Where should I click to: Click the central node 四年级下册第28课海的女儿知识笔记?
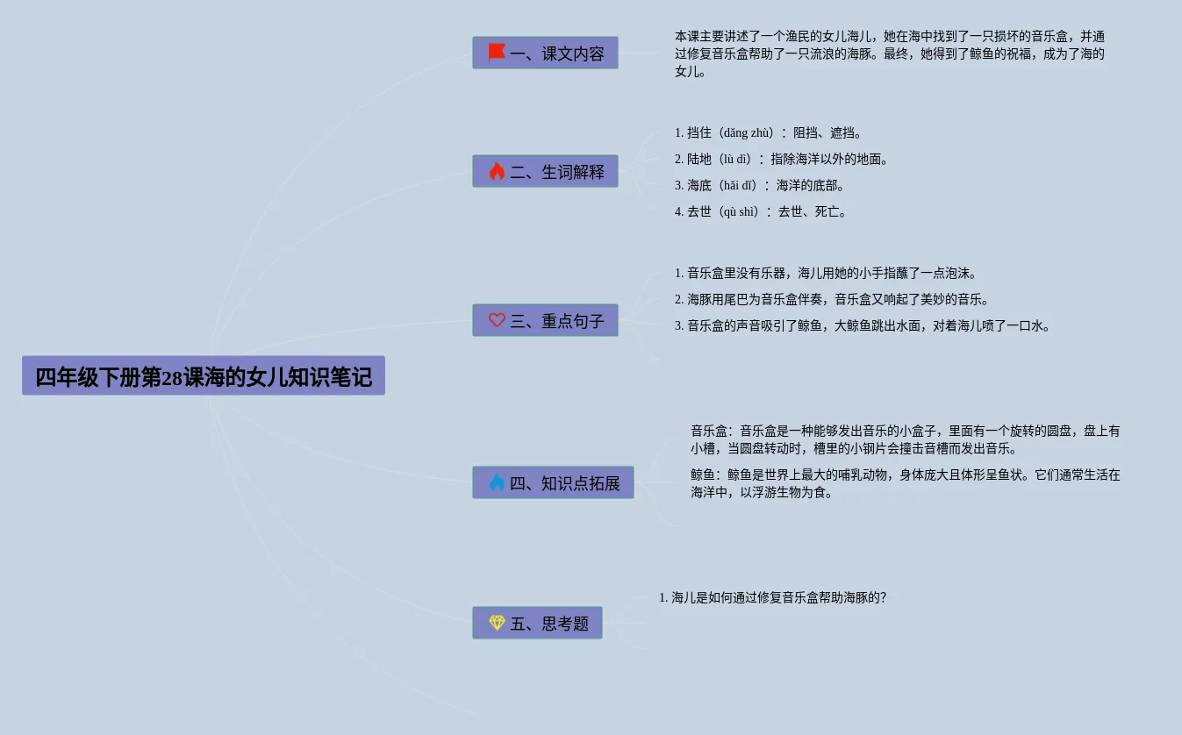click(204, 376)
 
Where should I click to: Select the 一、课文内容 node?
click(545, 54)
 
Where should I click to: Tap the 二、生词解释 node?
click(545, 172)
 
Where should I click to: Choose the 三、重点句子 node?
click(545, 321)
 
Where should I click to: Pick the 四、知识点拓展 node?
click(553, 483)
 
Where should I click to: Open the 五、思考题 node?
click(537, 624)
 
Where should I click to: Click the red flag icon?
click(497, 53)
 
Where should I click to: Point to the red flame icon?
click(497, 171)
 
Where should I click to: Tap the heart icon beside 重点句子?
click(497, 320)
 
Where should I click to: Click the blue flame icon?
click(497, 482)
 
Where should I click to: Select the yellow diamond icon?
click(497, 623)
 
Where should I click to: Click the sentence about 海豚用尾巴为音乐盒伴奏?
click(831, 300)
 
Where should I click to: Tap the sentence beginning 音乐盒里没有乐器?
click(825, 274)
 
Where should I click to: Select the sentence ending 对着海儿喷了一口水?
click(862, 326)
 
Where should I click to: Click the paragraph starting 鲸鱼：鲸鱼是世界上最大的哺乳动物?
click(904, 483)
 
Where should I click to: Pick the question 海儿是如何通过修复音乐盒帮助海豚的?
click(772, 598)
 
